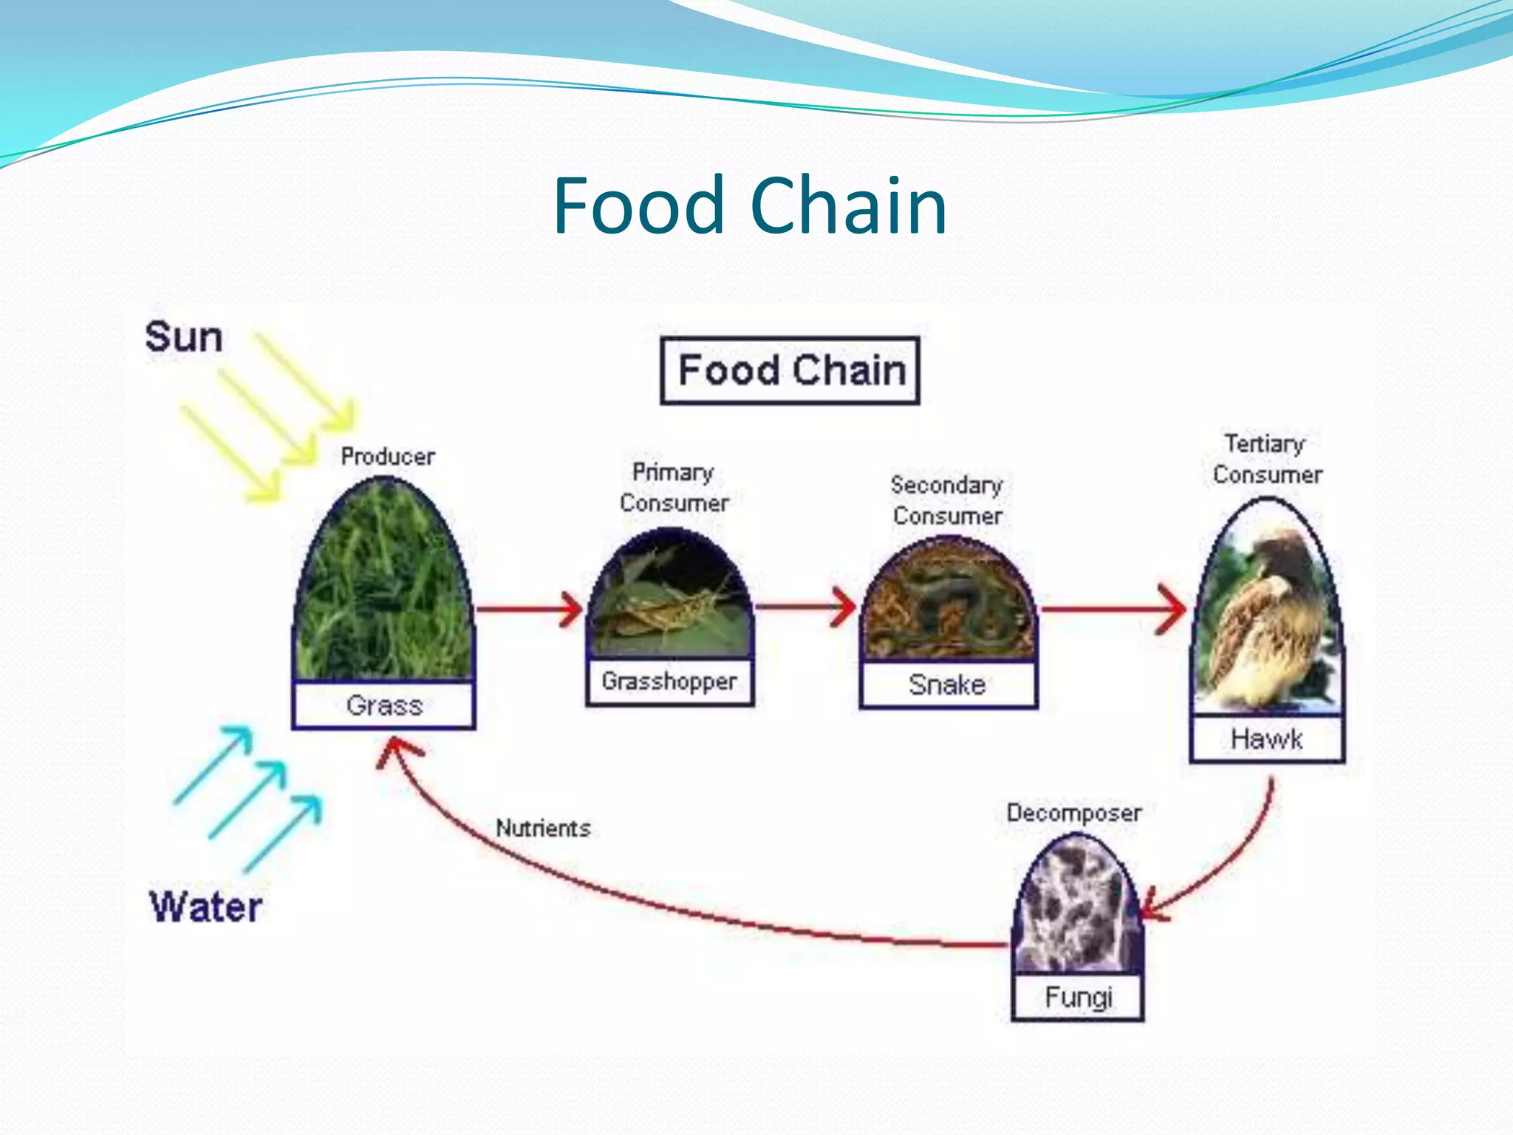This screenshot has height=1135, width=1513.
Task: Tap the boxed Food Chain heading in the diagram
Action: point(790,370)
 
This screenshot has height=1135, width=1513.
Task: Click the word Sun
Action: point(183,337)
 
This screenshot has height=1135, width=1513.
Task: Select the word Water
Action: point(206,907)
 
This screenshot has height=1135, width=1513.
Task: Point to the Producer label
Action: point(388,456)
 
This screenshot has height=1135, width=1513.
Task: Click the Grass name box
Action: point(383,705)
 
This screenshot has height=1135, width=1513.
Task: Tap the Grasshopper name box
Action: point(669,681)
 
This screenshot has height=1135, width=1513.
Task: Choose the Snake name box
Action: point(948,684)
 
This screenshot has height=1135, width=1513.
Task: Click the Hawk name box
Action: point(1266,738)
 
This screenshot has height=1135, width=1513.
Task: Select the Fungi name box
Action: point(1078,997)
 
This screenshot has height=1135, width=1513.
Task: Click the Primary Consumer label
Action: point(674,487)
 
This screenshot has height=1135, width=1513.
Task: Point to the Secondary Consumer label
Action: point(947,500)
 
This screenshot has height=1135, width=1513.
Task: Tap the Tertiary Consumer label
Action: point(1267,459)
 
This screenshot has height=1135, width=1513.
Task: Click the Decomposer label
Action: point(1073,813)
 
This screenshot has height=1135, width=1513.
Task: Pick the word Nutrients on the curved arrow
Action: point(543,828)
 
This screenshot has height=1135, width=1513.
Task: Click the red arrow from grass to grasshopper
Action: point(529,609)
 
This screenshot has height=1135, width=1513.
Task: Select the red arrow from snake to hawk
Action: point(1113,609)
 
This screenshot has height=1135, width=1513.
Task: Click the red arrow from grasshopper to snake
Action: point(805,607)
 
